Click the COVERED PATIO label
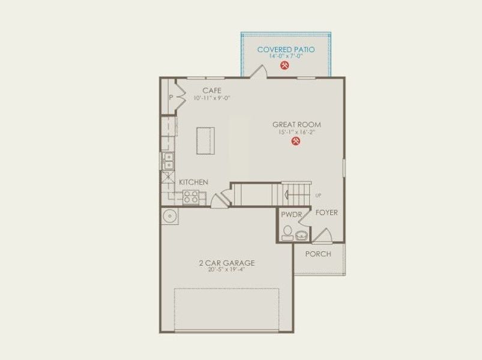pos(285,49)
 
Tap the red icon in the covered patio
pos(285,67)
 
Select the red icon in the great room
pos(295,141)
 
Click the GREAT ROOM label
pos(297,125)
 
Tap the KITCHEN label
pos(193,182)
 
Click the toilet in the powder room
pos(288,232)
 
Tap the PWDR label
pos(291,214)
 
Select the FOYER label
pos(327,213)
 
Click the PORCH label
pos(318,254)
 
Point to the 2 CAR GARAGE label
pos(227,262)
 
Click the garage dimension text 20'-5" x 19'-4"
pos(227,269)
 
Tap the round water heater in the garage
pos(169,215)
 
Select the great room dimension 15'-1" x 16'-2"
pos(297,132)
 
